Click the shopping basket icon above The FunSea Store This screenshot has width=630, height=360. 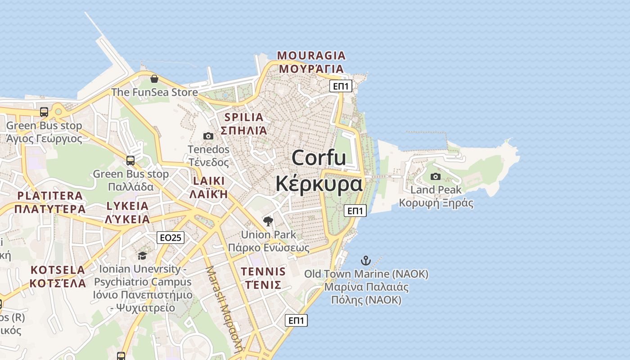pos(154,79)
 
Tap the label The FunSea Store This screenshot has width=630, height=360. pos(154,92)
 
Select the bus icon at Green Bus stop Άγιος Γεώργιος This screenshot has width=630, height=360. pos(44,112)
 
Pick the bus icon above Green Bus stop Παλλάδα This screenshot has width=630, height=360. pos(130,160)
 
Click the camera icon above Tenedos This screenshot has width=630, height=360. pos(208,136)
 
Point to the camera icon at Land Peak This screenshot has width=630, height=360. pos(435,177)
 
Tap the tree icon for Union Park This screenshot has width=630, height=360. pos(268,221)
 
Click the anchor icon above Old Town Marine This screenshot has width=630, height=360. pos(366,261)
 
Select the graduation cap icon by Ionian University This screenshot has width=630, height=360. pos(142,256)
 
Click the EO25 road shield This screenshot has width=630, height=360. pos(171,238)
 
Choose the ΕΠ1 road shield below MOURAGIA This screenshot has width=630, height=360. pos(340,86)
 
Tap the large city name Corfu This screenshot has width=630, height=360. pos(319,158)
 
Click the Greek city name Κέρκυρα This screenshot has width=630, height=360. pos(319,184)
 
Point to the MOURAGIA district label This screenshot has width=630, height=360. pos(311,56)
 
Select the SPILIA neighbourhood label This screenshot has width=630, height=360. pos(243,117)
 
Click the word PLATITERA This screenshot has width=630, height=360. pos(50,196)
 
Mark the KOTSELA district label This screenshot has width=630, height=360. pos(58,270)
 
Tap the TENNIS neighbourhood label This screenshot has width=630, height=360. pos(263,271)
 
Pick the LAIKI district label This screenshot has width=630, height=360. pos(208,181)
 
